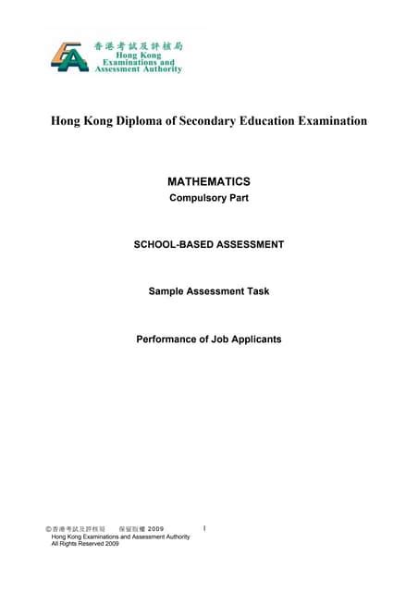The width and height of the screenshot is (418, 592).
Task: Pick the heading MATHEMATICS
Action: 208,183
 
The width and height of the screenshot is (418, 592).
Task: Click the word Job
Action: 225,339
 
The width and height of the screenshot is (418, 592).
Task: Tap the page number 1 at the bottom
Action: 203,528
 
